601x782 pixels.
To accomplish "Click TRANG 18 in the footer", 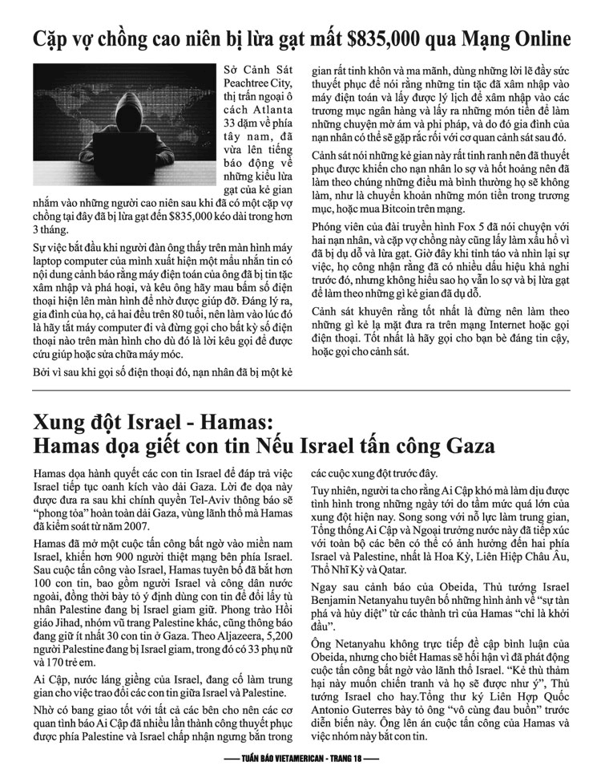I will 354,758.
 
